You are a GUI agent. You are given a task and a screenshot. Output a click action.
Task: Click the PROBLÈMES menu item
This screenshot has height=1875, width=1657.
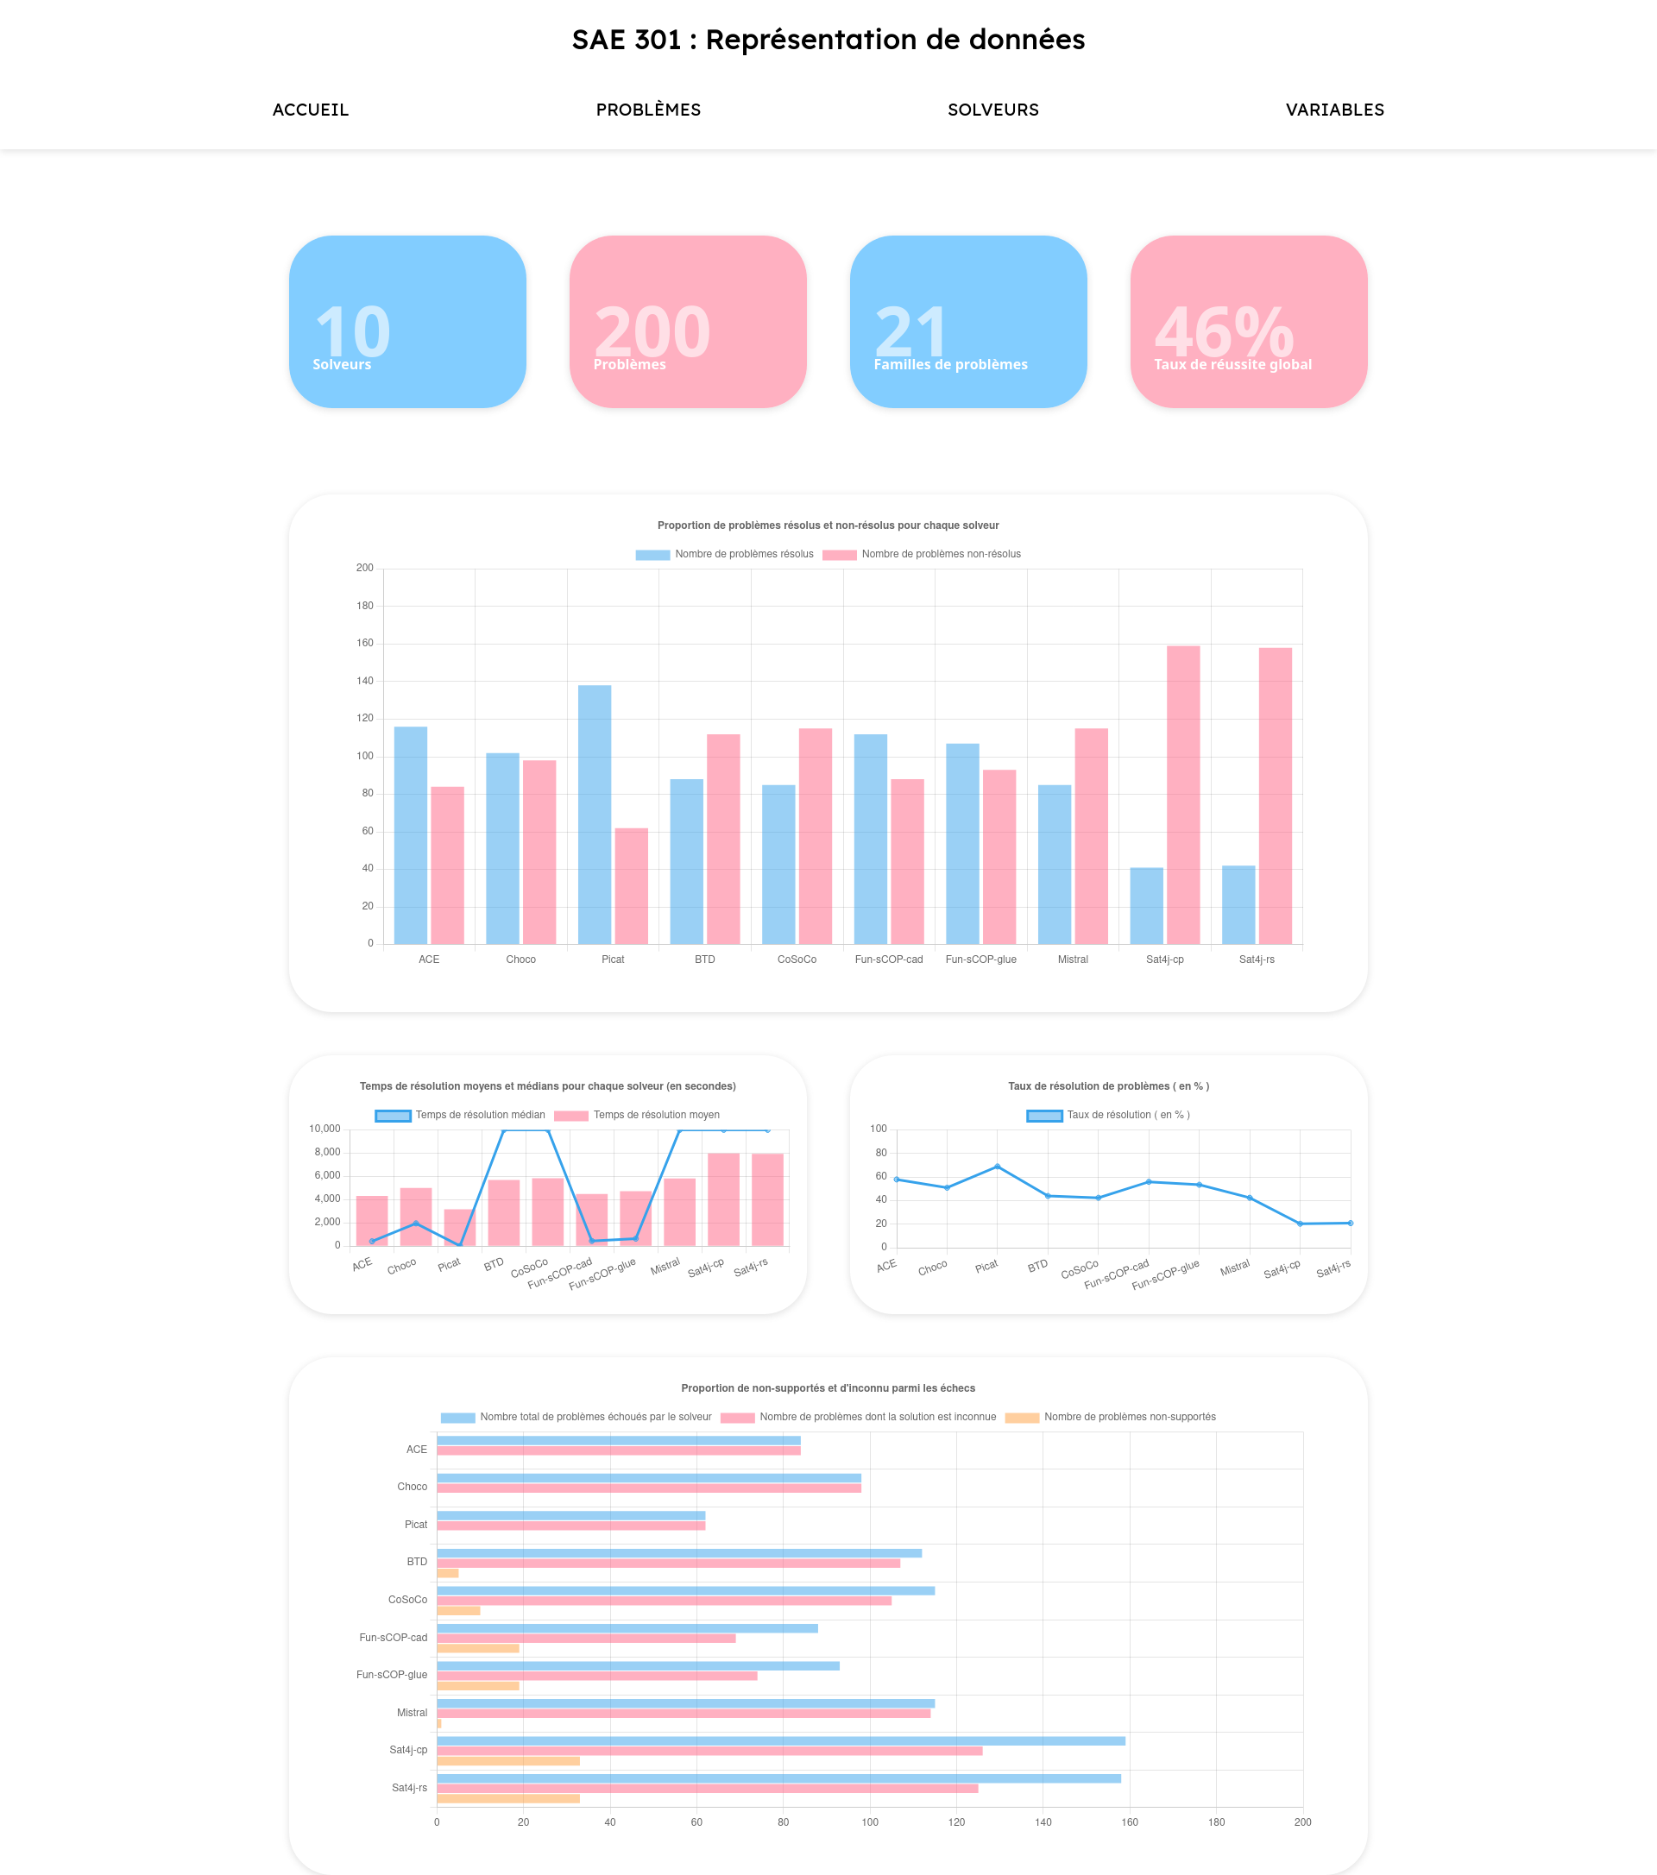tap(648, 110)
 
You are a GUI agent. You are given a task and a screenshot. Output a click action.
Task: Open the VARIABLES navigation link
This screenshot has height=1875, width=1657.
tap(1334, 110)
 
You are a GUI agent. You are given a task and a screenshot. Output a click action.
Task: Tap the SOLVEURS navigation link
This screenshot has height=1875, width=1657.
tap(992, 110)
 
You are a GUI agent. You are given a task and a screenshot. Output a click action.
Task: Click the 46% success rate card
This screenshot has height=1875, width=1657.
tap(1248, 321)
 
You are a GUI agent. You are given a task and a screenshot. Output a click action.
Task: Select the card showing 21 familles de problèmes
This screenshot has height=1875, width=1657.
tap(968, 321)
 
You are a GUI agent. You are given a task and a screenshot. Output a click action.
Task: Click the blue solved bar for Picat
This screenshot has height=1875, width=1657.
tap(595, 815)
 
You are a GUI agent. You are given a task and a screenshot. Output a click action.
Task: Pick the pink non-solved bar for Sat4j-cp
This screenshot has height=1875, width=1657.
tap(1182, 795)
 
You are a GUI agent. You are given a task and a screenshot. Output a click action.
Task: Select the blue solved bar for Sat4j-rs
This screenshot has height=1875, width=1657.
tap(1238, 904)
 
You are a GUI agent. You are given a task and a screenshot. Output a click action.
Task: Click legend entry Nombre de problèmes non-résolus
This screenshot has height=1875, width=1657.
tap(921, 554)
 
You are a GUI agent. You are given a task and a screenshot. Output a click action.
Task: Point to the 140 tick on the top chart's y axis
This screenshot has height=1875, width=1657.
tap(364, 681)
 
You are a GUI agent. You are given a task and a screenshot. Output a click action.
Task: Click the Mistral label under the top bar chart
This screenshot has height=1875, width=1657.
tap(1073, 960)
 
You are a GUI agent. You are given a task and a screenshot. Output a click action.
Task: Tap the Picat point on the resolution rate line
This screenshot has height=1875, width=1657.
tap(998, 1167)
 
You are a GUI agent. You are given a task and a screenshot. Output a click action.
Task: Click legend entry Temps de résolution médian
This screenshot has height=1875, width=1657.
tap(460, 1116)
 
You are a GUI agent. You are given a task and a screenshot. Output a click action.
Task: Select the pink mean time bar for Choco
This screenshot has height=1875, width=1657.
tap(416, 1217)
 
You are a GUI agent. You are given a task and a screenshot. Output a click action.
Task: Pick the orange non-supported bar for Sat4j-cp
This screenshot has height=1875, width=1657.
tap(507, 1761)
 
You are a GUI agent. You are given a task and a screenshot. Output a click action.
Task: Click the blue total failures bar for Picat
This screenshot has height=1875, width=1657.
tap(570, 1515)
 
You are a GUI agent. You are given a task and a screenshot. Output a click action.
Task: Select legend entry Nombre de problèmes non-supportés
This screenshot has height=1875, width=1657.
tap(1110, 1418)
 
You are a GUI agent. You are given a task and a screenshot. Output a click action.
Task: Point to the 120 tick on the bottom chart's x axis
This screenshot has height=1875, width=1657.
tap(956, 1822)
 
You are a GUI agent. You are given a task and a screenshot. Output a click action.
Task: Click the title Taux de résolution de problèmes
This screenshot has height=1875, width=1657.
tap(1108, 1086)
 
